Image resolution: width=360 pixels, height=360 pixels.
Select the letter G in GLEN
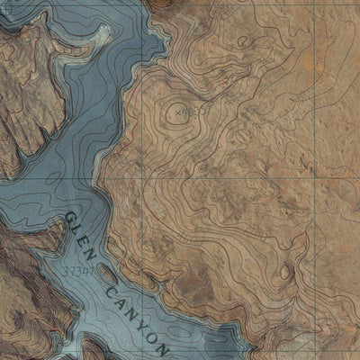pos(68,219)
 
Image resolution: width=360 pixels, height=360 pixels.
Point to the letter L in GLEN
pos(77,230)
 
